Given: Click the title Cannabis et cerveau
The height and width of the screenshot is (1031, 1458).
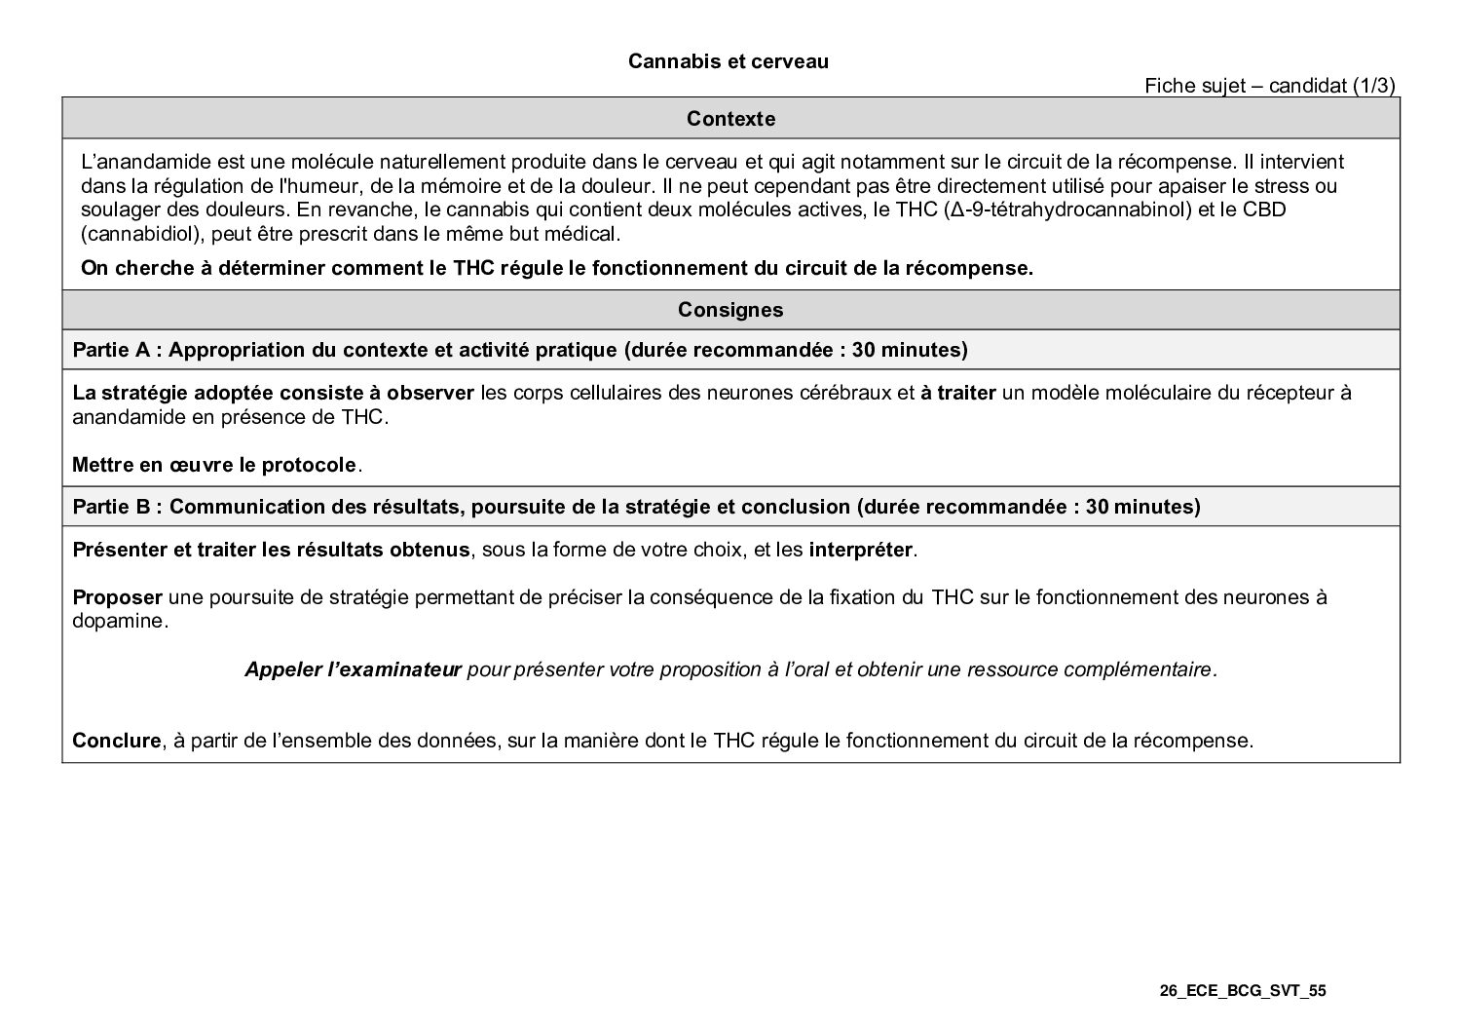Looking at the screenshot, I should pyautogui.click(x=728, y=61).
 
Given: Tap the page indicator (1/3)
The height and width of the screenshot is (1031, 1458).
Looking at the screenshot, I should pyautogui.click(x=1374, y=86).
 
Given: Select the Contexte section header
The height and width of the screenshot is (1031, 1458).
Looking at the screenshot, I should pyautogui.click(x=730, y=119).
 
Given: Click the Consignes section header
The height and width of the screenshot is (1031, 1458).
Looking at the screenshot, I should pyautogui.click(x=730, y=310).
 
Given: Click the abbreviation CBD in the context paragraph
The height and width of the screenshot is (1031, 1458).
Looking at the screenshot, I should pyautogui.click(x=1265, y=210).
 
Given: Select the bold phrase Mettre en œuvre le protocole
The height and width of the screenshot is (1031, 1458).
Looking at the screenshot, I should pyautogui.click(x=214, y=465).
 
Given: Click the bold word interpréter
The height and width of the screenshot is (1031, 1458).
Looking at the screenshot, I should pyautogui.click(x=860, y=550).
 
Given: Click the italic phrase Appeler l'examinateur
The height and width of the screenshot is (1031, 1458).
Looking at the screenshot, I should pyautogui.click(x=353, y=669).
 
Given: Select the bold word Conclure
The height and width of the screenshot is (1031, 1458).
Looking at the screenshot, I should pyautogui.click(x=116, y=741).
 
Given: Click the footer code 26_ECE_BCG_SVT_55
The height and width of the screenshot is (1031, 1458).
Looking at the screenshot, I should pyautogui.click(x=1243, y=991).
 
